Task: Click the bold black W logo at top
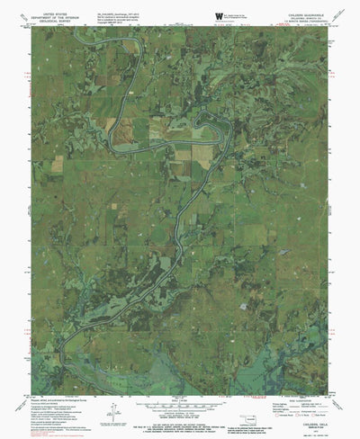point(219,16)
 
